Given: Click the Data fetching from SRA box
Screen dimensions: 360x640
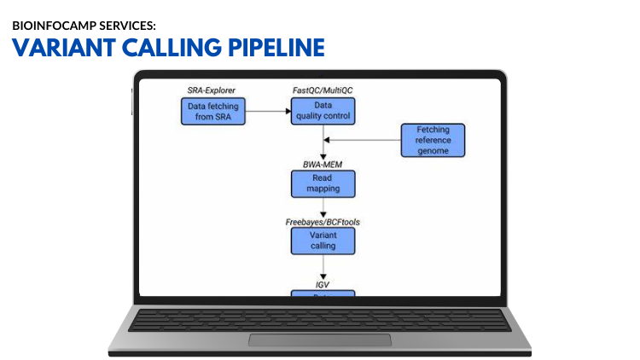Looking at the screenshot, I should (x=212, y=112).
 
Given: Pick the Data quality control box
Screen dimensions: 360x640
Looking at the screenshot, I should (x=323, y=112).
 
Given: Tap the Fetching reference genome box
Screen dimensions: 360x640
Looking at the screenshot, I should (x=433, y=140).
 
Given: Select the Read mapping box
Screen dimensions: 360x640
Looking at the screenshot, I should (x=323, y=184).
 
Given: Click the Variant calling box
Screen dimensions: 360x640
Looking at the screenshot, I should (x=323, y=241).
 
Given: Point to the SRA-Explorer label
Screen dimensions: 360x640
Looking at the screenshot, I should (x=212, y=90).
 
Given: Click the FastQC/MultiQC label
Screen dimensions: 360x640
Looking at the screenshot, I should (x=323, y=90).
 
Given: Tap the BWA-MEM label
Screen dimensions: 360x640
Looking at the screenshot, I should (x=323, y=163).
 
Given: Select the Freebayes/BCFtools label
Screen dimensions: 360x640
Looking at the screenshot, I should (x=323, y=222).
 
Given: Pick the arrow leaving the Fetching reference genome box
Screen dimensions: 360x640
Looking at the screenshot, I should (x=363, y=140).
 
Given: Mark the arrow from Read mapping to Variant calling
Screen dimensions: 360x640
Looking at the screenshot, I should (x=323, y=207).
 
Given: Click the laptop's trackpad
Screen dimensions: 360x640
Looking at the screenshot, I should (x=320, y=340).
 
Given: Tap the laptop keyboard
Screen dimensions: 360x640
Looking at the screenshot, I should (x=320, y=320).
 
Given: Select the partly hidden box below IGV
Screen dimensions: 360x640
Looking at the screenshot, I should (x=323, y=293).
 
